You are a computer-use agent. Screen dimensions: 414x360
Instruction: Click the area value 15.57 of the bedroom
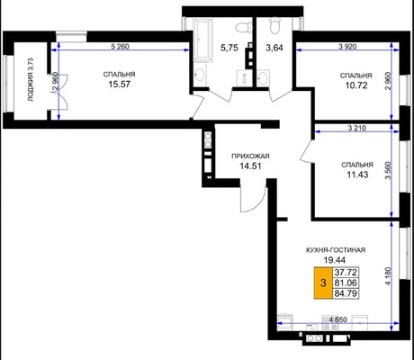click(120, 84)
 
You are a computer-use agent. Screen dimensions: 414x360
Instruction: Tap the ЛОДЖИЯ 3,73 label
click(31, 79)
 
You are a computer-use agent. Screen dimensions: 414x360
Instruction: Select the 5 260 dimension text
click(120, 47)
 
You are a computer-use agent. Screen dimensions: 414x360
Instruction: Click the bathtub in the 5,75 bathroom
click(203, 40)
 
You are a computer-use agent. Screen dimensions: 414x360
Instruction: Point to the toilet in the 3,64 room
click(274, 25)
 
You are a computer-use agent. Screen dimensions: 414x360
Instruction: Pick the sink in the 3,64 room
click(264, 78)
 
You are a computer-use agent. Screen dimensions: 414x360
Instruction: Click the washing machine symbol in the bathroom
click(244, 78)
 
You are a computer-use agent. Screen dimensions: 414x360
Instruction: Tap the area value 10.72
click(356, 85)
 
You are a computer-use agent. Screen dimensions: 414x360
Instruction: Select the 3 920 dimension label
click(347, 47)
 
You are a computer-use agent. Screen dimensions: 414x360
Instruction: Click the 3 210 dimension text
click(357, 128)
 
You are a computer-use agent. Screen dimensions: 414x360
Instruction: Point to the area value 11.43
click(357, 175)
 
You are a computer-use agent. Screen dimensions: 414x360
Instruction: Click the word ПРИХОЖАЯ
click(250, 156)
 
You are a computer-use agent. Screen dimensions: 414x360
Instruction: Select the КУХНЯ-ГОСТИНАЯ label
click(336, 250)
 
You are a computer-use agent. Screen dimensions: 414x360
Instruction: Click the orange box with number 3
click(323, 283)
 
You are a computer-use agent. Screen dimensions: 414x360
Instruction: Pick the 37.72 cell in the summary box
click(346, 273)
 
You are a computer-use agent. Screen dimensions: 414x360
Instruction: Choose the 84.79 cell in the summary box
click(346, 293)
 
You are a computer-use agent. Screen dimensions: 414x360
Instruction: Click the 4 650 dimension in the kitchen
click(337, 319)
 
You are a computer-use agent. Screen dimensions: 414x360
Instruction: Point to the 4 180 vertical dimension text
click(389, 276)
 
